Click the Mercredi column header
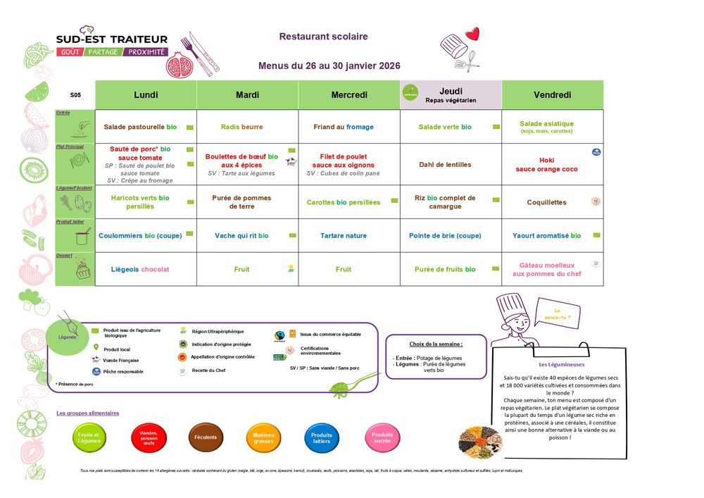tap(349, 95)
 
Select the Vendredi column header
tap(552, 95)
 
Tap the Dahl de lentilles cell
tap(445, 165)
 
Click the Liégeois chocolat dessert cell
tap(140, 269)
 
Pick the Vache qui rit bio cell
tap(241, 236)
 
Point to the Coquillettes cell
tap(546, 202)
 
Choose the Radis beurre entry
tap(241, 127)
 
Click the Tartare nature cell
tap(343, 236)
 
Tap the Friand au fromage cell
tap(344, 127)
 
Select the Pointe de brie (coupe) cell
tap(445, 236)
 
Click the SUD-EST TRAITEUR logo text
tap(112, 39)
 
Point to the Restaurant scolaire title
tap(323, 37)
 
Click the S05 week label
tap(75, 95)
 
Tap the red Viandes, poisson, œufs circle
tap(149, 437)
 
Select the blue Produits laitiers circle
tap(322, 437)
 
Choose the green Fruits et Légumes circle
tap(90, 437)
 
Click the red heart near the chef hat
tap(472, 34)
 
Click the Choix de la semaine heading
tap(436, 344)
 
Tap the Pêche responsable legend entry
tap(122, 371)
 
